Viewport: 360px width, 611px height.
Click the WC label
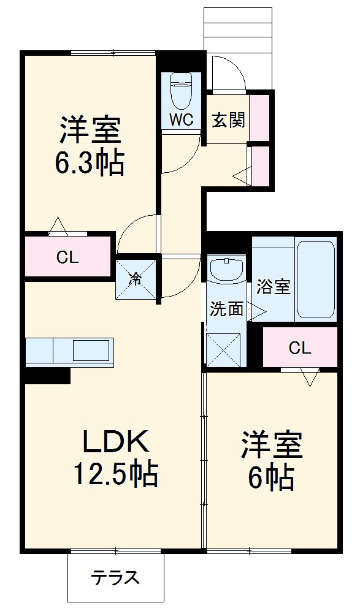[182, 120]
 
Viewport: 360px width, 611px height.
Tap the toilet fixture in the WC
[181, 91]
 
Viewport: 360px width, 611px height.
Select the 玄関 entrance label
[228, 120]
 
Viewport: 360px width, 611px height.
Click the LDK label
[115, 441]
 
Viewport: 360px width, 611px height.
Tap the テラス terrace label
[115, 577]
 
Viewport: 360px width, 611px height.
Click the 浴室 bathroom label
[273, 287]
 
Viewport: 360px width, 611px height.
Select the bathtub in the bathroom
[316, 279]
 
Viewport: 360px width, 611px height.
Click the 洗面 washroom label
[226, 309]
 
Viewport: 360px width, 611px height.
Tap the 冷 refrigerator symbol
[136, 279]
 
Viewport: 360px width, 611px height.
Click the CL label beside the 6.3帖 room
[67, 257]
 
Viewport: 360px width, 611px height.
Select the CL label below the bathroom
[300, 349]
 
